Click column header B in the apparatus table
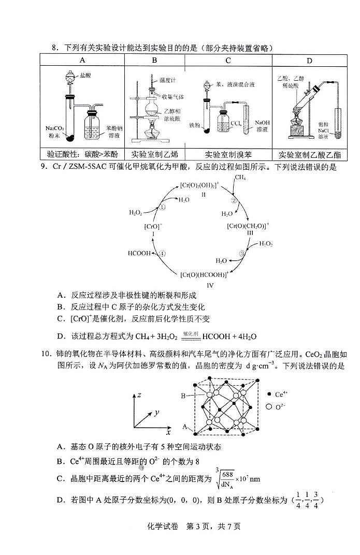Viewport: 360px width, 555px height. (154, 61)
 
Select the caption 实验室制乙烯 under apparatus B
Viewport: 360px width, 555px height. (154, 154)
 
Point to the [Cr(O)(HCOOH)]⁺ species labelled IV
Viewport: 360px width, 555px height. (204, 275)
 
